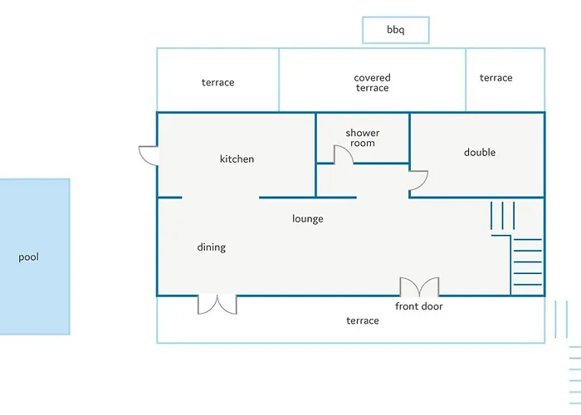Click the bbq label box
[396, 30]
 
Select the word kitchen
[237, 159]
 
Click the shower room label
[363, 138]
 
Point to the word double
[480, 152]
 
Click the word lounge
[307, 218]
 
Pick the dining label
[211, 247]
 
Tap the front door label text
[419, 306]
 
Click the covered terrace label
[372, 83]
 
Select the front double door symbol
[419, 287]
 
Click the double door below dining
[217, 304]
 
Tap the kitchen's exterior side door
[148, 155]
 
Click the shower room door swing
[342, 154]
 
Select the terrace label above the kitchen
[217, 82]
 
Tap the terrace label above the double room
[496, 77]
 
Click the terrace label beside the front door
[363, 320]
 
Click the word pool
[29, 257]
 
